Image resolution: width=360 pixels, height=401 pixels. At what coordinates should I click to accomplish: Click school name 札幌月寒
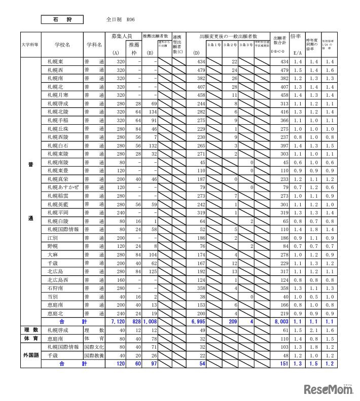(57, 95)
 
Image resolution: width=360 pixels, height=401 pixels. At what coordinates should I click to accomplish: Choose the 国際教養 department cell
(94, 355)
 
